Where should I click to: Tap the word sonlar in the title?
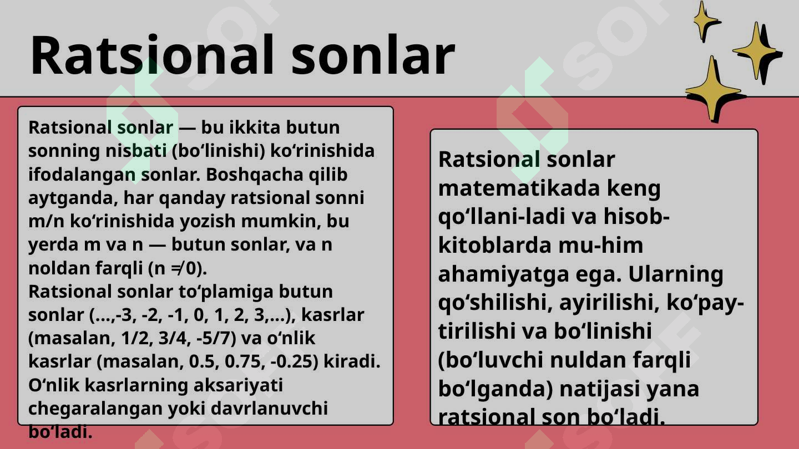[x=372, y=55]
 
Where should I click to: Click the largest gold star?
[x=712, y=89]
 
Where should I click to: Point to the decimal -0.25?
[x=292, y=361]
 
